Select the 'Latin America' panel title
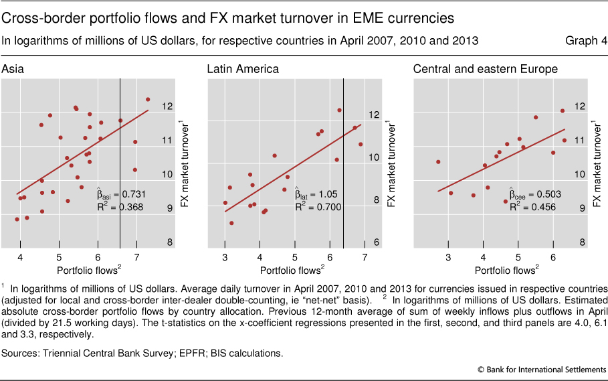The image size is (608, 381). coord(243,69)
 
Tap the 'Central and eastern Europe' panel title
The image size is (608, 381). coord(485,69)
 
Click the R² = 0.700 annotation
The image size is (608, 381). coord(320,208)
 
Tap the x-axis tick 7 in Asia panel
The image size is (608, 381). coord(137,257)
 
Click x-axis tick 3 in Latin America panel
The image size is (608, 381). coord(225,257)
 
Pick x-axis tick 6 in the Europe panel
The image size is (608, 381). coord(553,257)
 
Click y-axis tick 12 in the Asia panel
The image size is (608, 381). coord(167,106)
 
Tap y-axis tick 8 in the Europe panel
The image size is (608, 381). coord(582,242)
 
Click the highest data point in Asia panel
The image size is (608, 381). coord(148,100)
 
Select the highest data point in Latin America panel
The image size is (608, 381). coord(339,110)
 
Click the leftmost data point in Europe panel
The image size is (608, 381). coord(438,161)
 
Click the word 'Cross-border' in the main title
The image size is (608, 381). coord(43,17)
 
